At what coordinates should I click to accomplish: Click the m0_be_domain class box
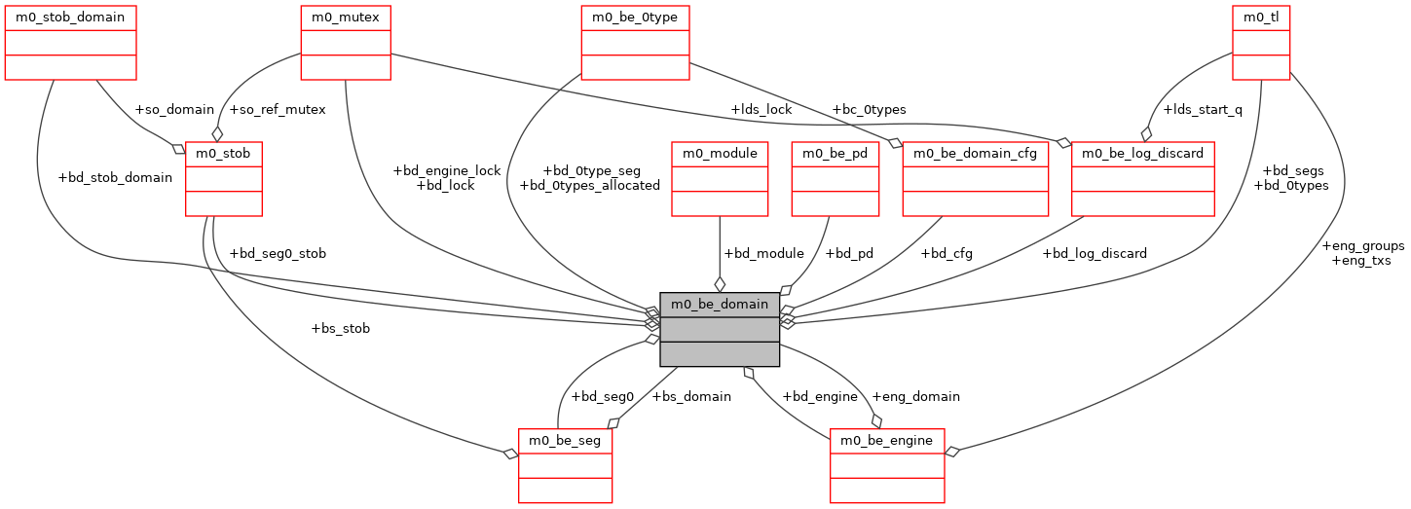tap(720, 329)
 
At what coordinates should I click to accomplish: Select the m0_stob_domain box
tap(70, 43)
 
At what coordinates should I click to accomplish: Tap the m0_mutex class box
tap(346, 43)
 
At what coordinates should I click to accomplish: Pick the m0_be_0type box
tap(636, 43)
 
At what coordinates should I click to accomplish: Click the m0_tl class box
tap(1261, 43)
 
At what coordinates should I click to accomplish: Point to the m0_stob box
tap(224, 178)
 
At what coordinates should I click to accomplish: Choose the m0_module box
tap(720, 178)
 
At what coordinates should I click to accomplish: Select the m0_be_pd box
tap(835, 178)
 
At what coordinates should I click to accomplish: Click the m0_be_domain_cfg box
tap(976, 178)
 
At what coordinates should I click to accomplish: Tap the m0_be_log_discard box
tap(1143, 178)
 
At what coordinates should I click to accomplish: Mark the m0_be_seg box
tap(565, 465)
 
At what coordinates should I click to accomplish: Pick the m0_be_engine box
tap(887, 465)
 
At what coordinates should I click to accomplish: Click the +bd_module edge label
tap(763, 253)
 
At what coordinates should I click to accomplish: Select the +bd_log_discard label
tap(1095, 253)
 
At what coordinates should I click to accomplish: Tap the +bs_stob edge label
tap(340, 328)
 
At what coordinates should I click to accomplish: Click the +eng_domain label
tap(915, 396)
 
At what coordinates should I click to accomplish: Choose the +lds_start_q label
tap(1203, 109)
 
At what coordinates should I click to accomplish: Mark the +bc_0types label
tap(870, 109)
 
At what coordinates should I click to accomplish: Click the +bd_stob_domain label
tap(115, 177)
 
